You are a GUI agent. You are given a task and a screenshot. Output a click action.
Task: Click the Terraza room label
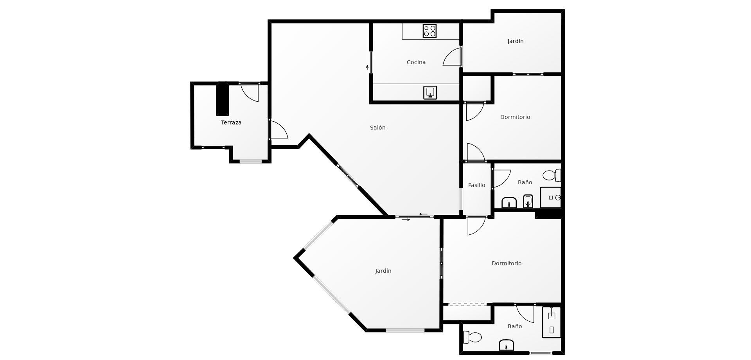pos(231,122)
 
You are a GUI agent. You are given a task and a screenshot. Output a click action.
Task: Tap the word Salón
pos(378,128)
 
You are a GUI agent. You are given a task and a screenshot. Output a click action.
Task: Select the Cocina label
pos(416,62)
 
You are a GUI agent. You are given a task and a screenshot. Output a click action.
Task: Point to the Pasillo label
pos(476,185)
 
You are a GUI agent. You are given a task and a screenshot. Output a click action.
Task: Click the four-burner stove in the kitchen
pos(429,31)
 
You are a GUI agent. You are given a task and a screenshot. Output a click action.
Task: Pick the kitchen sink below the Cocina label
pos(430,93)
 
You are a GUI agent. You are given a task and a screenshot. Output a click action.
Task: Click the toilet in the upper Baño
pos(552,175)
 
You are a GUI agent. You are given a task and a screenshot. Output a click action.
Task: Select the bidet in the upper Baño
pos(528,201)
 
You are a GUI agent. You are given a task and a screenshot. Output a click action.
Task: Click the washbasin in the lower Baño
pos(506,345)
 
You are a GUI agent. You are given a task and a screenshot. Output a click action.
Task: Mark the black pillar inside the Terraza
pos(223,99)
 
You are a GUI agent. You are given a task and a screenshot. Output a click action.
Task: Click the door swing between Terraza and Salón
pos(278,130)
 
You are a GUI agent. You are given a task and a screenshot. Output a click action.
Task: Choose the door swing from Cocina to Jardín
pos(452,56)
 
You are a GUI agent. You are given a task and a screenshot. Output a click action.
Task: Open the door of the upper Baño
pos(501,178)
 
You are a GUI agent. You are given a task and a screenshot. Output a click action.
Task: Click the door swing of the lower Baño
pos(525,313)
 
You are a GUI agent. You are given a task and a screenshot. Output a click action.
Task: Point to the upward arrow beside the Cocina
pos(367,67)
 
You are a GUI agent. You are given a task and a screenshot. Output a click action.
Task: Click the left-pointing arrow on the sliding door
pos(423,214)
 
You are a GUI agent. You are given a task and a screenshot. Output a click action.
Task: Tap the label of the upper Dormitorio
pos(515,117)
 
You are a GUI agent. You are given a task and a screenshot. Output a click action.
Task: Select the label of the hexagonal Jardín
pos(383,271)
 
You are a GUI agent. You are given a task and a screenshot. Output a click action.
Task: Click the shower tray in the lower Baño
pos(552,322)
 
